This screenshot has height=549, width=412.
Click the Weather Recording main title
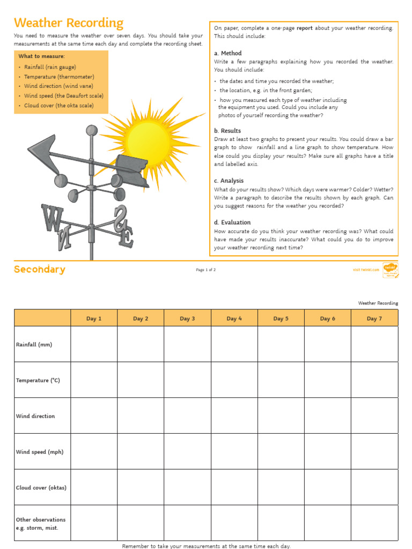click(69, 23)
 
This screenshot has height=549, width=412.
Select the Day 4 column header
click(234, 318)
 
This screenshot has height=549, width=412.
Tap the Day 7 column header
click(374, 318)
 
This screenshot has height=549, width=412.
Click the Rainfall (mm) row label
click(34, 344)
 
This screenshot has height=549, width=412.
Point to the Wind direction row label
click(35, 416)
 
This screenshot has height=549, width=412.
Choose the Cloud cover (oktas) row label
click(41, 488)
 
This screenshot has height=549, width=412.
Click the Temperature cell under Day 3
click(187, 380)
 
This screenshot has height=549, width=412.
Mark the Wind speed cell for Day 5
click(281, 451)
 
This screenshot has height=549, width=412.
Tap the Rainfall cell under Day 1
click(94, 344)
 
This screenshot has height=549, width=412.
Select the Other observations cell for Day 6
click(327, 523)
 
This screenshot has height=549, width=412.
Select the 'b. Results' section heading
click(227, 131)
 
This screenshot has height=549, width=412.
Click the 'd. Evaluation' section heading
click(232, 222)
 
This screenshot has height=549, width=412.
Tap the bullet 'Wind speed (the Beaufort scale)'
click(64, 96)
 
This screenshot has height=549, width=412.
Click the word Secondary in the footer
click(40, 270)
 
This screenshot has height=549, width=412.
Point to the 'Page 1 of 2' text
click(206, 270)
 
